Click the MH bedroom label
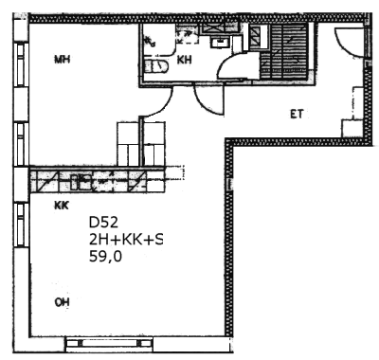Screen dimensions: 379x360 click(x=62, y=60)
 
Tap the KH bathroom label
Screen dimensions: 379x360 click(x=184, y=60)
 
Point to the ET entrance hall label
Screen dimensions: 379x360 click(x=297, y=114)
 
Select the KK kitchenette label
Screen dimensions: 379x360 click(x=62, y=206)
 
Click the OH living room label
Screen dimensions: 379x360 click(x=62, y=302)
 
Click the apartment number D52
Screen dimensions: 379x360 click(x=103, y=223)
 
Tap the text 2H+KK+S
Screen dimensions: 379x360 click(x=126, y=240)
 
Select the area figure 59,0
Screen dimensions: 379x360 click(x=105, y=257)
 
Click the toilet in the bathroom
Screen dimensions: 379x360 click(x=156, y=66)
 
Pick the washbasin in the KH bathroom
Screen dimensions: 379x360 click(x=221, y=42)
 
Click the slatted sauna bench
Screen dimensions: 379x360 click(x=283, y=51)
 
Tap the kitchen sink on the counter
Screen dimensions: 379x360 click(x=81, y=183)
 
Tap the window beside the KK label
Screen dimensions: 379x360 click(x=21, y=225)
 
